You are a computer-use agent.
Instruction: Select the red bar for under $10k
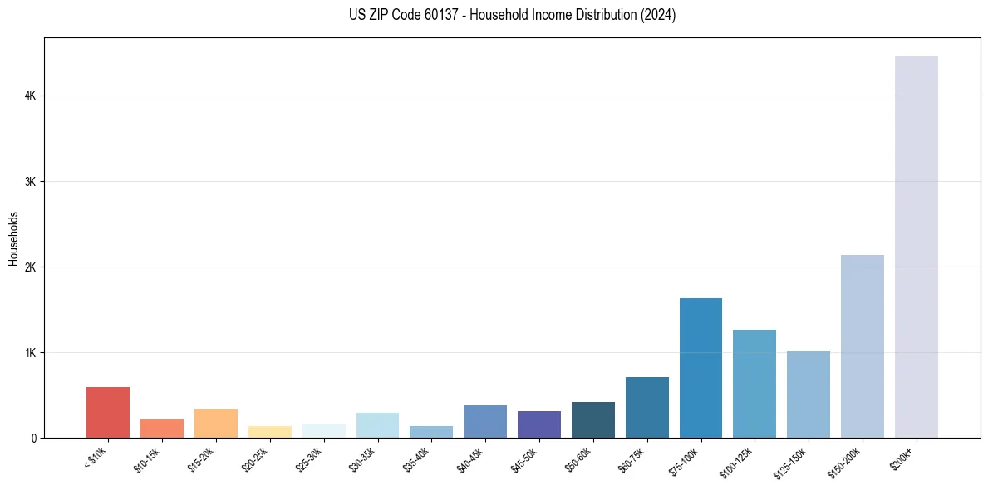click(108, 413)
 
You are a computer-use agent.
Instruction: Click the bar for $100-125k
click(755, 384)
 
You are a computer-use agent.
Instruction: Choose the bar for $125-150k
click(808, 394)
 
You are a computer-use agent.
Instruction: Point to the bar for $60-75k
click(646, 408)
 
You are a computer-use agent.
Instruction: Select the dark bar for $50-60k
click(592, 420)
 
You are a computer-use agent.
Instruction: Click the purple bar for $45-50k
click(538, 424)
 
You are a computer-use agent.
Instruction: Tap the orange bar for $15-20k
click(216, 424)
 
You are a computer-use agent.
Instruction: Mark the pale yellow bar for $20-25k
click(269, 432)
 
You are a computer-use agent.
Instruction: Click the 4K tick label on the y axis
click(30, 96)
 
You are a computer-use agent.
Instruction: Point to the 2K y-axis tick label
click(30, 267)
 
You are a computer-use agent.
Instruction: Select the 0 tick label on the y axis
click(33, 439)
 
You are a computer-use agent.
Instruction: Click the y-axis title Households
click(13, 238)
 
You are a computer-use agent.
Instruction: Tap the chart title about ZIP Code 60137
click(512, 15)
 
